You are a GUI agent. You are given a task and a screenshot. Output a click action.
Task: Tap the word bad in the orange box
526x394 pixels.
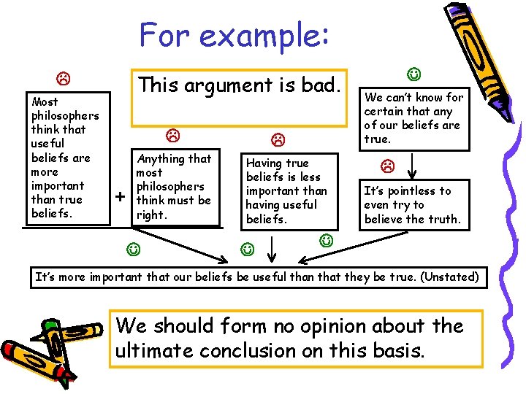click(x=321, y=85)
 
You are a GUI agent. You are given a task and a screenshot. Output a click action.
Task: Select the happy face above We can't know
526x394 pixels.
click(x=413, y=74)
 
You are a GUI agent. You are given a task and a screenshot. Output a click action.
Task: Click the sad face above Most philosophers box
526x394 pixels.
click(x=64, y=77)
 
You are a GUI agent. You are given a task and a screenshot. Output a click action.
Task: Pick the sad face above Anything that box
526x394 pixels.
click(x=172, y=135)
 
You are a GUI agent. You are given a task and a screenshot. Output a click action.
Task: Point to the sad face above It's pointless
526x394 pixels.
click(x=388, y=166)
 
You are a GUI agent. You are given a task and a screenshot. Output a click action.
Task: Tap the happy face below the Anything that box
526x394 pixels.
click(x=133, y=250)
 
